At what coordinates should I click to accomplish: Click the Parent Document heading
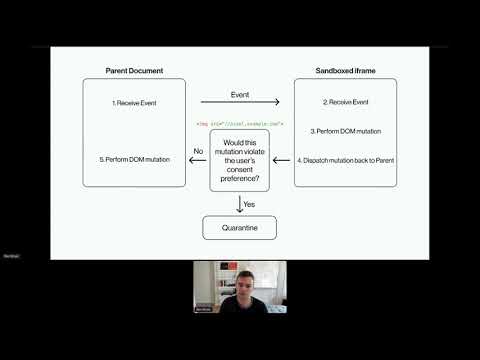coord(133,70)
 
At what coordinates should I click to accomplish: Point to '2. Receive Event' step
coord(346,102)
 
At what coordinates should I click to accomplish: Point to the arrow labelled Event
coord(240,101)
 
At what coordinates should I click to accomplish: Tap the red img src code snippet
coord(240,124)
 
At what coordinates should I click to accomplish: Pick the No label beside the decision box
coord(197,152)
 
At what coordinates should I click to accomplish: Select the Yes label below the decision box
coord(249,204)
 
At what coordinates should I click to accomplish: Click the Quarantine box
coord(240,228)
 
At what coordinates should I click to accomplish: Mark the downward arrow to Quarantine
coord(239,204)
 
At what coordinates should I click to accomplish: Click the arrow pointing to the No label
coord(198,160)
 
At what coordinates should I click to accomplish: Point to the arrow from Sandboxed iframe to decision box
coord(283,160)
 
